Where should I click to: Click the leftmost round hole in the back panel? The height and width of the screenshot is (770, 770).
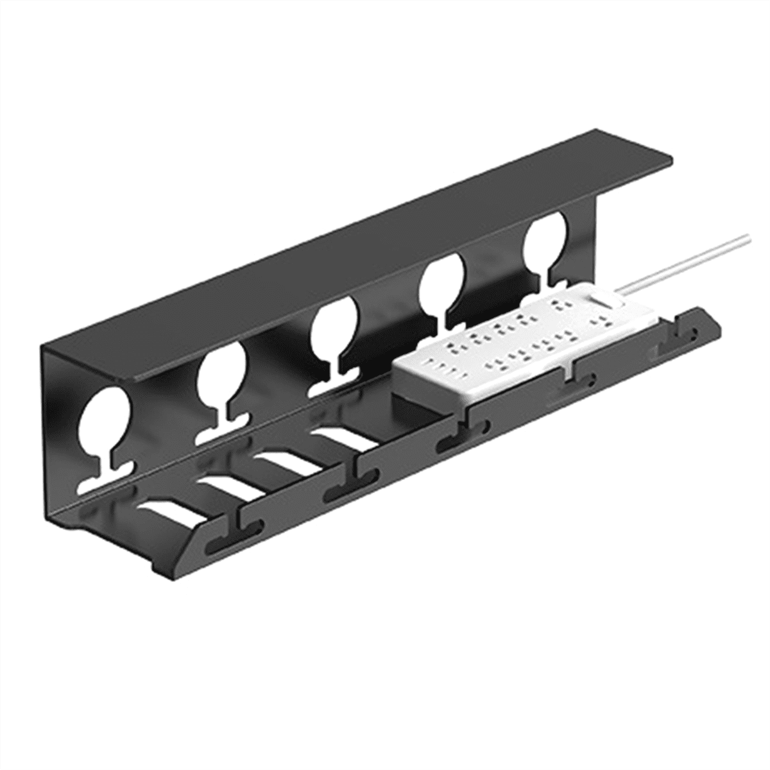[104, 420]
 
